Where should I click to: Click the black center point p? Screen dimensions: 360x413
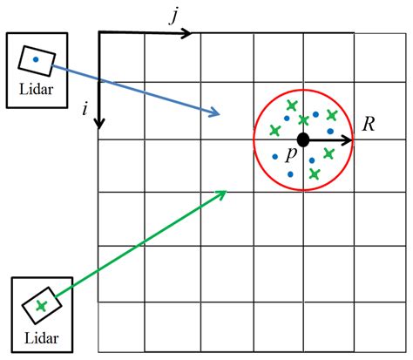[302, 139]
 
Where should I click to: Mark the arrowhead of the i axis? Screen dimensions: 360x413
[99, 123]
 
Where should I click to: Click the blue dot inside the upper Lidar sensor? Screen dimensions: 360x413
[36, 59]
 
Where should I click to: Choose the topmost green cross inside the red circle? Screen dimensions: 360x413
[291, 106]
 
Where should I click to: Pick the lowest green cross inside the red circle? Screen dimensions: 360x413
[314, 173]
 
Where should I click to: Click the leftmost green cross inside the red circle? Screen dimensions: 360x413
[275, 131]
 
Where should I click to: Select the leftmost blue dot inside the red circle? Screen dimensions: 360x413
[275, 157]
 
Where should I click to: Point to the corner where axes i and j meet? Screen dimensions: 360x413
[99, 33]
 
